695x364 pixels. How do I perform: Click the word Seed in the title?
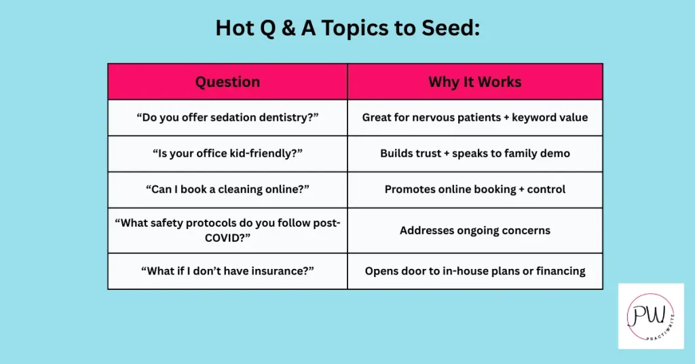point(450,28)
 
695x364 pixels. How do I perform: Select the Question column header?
point(227,81)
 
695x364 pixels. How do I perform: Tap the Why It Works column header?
point(475,81)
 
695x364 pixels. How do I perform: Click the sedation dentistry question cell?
point(227,117)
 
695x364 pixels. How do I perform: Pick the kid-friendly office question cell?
point(227,153)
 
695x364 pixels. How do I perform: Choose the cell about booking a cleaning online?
point(227,189)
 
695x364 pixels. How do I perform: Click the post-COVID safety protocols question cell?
point(227,230)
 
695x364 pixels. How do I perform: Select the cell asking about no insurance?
point(227,271)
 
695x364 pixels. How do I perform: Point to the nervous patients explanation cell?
point(475,117)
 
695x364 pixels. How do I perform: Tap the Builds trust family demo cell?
point(475,153)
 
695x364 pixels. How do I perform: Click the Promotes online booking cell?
point(475,189)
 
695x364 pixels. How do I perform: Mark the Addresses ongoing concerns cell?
point(475,230)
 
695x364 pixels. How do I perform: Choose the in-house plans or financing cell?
point(475,271)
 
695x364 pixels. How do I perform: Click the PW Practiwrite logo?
point(651,316)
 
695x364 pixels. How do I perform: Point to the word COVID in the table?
point(224,238)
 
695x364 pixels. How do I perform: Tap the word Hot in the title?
point(234,28)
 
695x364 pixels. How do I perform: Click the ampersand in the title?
point(288,28)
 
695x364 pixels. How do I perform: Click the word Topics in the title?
point(354,29)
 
